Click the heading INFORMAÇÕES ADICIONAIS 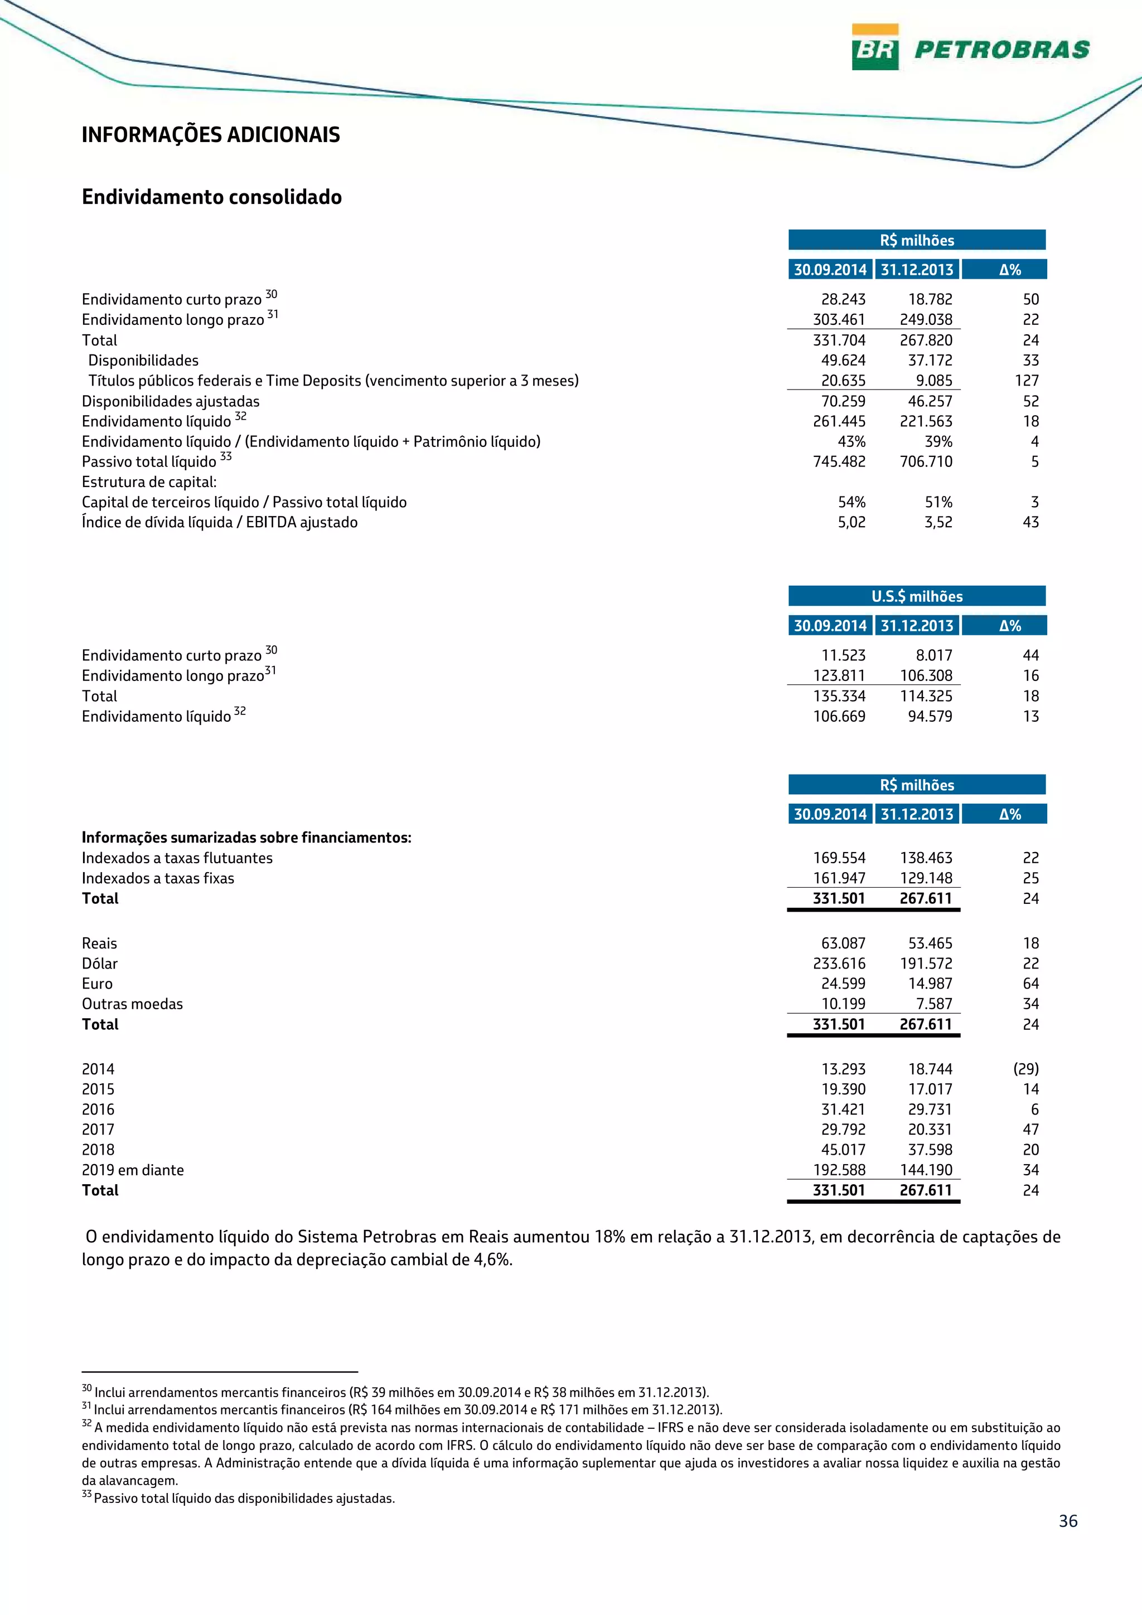click(x=210, y=134)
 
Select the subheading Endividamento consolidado click(x=212, y=197)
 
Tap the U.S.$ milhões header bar click(x=916, y=596)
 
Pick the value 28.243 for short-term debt click(x=843, y=300)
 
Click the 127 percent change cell click(x=1027, y=381)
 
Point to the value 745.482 click(x=839, y=462)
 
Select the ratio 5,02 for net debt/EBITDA click(x=851, y=523)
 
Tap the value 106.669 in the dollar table click(x=839, y=717)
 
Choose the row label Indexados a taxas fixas click(x=158, y=878)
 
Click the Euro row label click(x=97, y=984)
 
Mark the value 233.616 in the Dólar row click(x=839, y=964)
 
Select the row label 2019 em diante click(x=132, y=1170)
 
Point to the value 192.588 click(x=839, y=1170)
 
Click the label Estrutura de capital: click(x=149, y=483)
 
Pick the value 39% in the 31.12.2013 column click(x=938, y=442)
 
